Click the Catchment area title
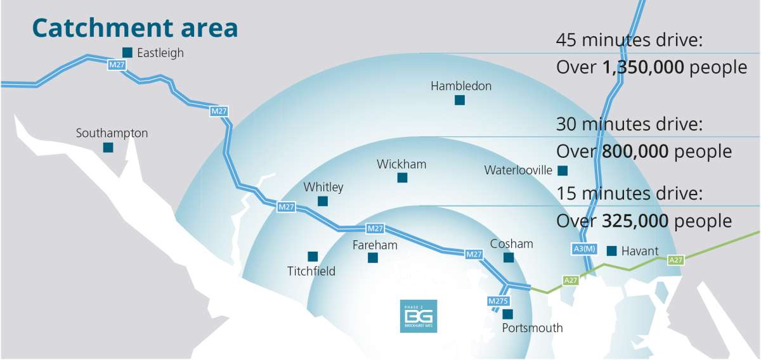point(135,29)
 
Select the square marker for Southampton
point(108,148)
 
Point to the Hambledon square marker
point(460,100)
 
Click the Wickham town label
point(401,165)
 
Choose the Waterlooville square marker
point(563,170)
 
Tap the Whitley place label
point(323,187)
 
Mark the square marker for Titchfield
point(312,257)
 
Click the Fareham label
point(375,245)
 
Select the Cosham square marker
point(508,257)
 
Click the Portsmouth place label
point(532,328)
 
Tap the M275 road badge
point(498,301)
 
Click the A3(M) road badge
point(585,249)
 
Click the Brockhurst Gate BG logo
point(419,316)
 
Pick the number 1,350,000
point(642,68)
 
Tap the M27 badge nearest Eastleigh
point(117,65)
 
